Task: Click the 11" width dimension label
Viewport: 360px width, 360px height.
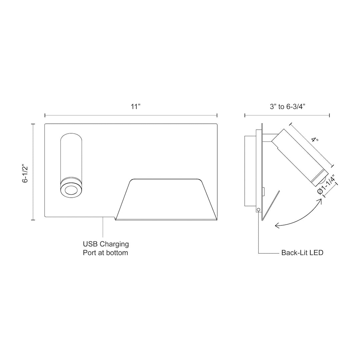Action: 136,107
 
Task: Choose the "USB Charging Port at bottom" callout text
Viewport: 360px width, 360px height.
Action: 106,249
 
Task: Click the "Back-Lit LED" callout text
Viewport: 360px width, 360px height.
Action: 302,253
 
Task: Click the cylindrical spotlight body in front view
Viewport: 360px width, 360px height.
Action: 71,157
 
